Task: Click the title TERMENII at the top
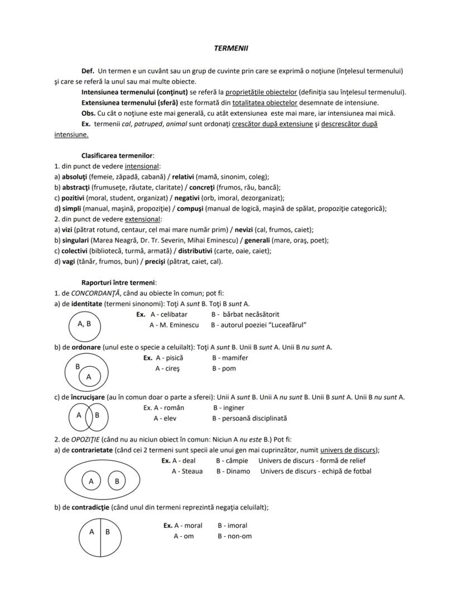(231, 48)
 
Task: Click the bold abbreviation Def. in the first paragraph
(88, 71)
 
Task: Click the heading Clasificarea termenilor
(117, 156)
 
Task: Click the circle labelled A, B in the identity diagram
(85, 324)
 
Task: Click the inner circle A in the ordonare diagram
(88, 377)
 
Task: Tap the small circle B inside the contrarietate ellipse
(117, 480)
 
